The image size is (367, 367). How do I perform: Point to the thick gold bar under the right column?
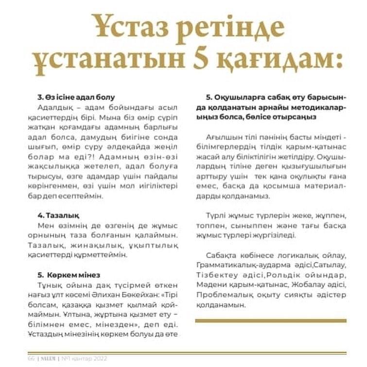pos(271,321)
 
